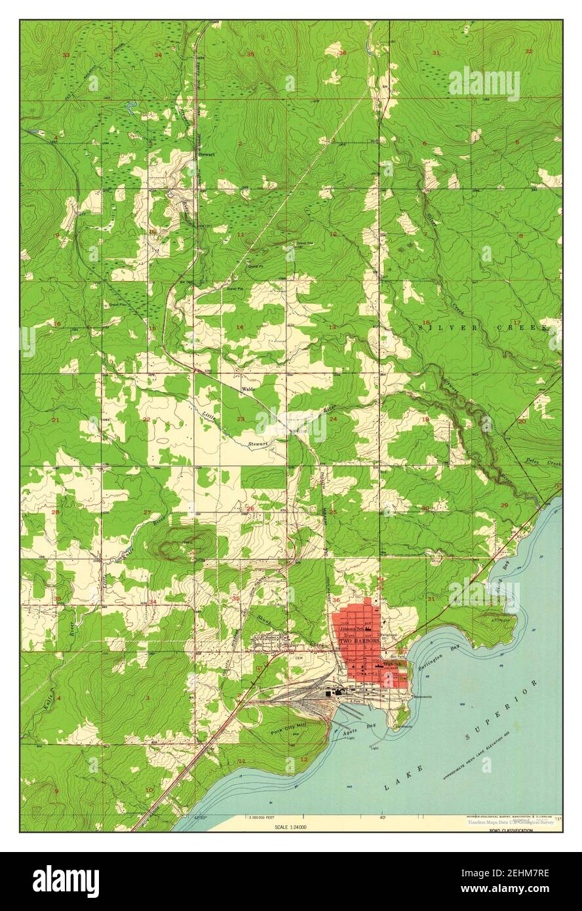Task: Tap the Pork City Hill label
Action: point(289,729)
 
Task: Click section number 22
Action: point(146,419)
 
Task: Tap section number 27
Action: point(147,513)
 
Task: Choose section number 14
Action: point(240,327)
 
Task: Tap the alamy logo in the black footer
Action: point(66,882)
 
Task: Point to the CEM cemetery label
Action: point(300,658)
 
